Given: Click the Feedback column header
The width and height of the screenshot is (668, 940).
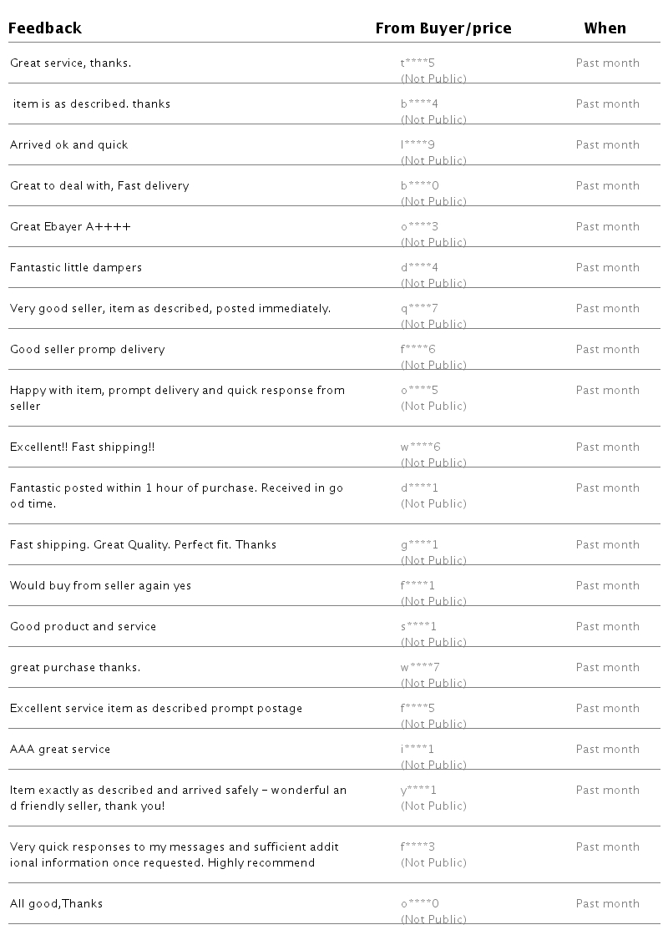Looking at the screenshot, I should click(45, 28).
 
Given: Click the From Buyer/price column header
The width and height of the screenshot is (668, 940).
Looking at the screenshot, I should click(443, 28).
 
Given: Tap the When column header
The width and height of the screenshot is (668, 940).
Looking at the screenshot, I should click(605, 28).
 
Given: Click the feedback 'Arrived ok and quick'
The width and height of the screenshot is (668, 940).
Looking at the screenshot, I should click(69, 144).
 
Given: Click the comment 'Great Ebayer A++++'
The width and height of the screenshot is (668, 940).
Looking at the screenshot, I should click(70, 226).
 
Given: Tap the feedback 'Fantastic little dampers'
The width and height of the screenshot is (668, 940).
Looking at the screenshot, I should click(76, 267).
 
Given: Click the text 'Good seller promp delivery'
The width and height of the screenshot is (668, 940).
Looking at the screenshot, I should click(88, 349).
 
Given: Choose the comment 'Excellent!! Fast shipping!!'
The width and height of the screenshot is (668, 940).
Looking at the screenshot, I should click(83, 447).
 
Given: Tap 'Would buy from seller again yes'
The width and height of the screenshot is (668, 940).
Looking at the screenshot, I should click(100, 585).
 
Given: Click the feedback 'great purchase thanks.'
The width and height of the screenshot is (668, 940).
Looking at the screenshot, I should click(75, 667).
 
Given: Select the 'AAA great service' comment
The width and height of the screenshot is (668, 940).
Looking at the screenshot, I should click(60, 749).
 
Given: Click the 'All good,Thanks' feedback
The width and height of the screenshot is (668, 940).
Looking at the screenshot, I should click(56, 903).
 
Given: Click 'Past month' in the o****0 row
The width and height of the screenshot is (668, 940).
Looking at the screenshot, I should click(607, 903).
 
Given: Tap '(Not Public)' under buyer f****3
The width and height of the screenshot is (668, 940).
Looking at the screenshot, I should click(433, 862).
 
